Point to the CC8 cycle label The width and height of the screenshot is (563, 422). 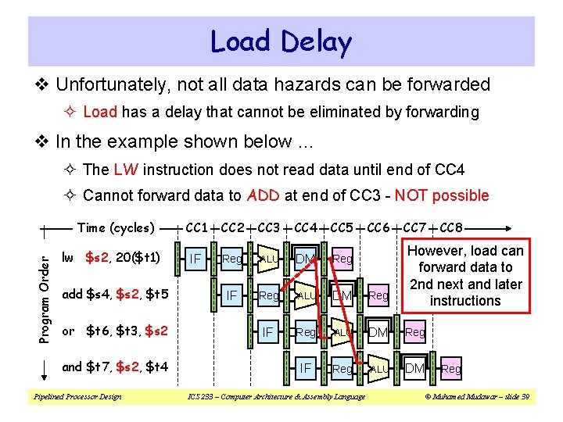tap(452, 227)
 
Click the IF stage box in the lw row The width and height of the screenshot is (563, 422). tap(196, 257)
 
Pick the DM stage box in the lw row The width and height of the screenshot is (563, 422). tap(304, 257)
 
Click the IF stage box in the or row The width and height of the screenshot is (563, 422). tap(268, 331)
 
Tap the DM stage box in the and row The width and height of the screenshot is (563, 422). tap(414, 367)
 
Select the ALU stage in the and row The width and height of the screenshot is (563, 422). tap(378, 368)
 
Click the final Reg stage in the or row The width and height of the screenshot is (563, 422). tap(415, 332)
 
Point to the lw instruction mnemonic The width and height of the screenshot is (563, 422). tap(68, 257)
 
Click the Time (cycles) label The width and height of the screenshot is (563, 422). tap(116, 227)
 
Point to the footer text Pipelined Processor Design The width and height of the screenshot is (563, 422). tap(76, 397)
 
